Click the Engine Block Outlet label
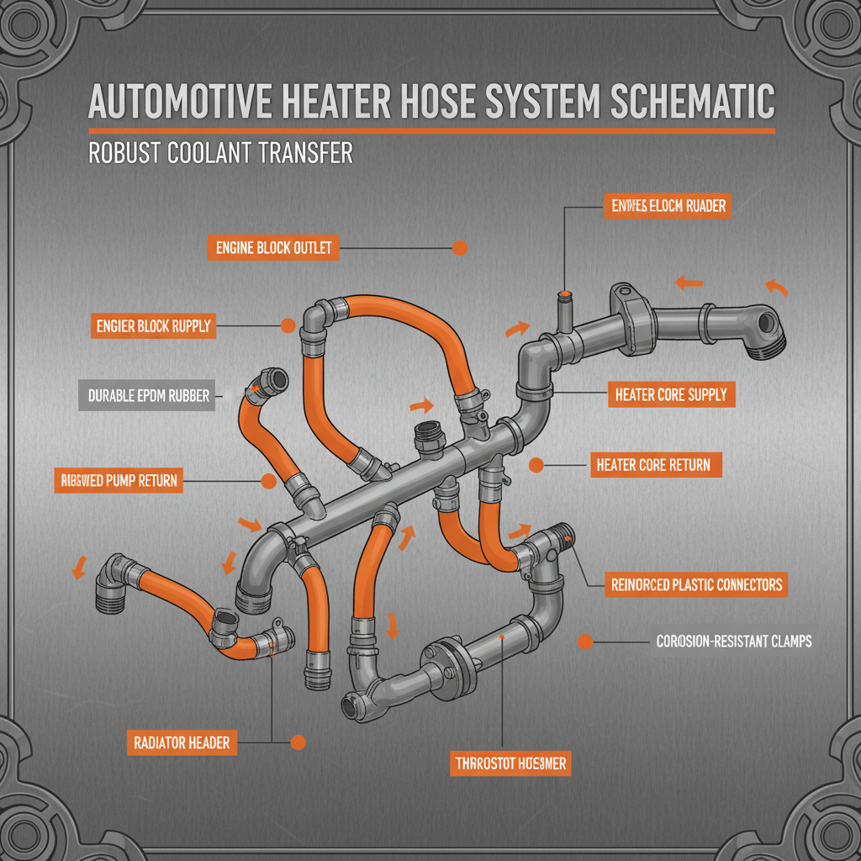click(x=273, y=248)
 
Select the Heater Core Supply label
click(x=670, y=394)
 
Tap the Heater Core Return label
click(x=652, y=464)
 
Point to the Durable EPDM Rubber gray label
click(x=149, y=394)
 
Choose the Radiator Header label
click(x=182, y=742)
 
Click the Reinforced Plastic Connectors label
click(x=696, y=584)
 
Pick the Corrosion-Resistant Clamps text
click(x=733, y=642)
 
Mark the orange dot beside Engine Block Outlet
click(x=459, y=248)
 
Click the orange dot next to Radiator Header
click(x=296, y=742)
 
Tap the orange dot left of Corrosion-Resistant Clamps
click(x=586, y=642)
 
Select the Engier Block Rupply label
click(x=153, y=325)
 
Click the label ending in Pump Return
click(x=117, y=481)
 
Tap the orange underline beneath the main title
click(x=430, y=131)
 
